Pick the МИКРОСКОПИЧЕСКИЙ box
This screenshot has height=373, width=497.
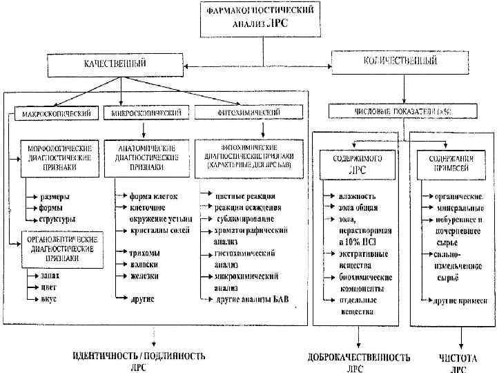point(143,112)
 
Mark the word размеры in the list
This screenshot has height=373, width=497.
point(59,196)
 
